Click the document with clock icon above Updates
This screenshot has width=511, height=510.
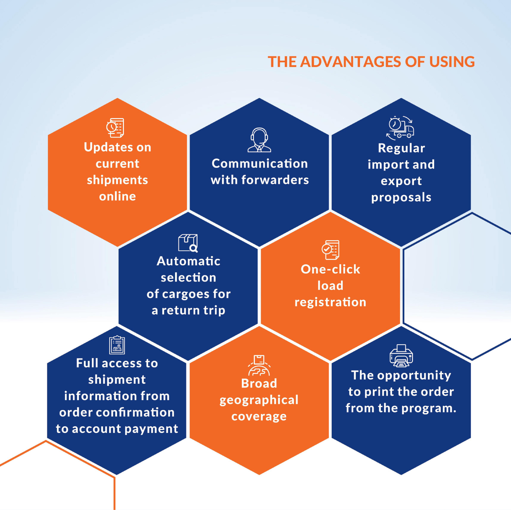(115, 128)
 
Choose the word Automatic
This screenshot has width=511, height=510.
(188, 261)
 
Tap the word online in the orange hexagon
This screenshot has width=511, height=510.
(117, 196)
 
